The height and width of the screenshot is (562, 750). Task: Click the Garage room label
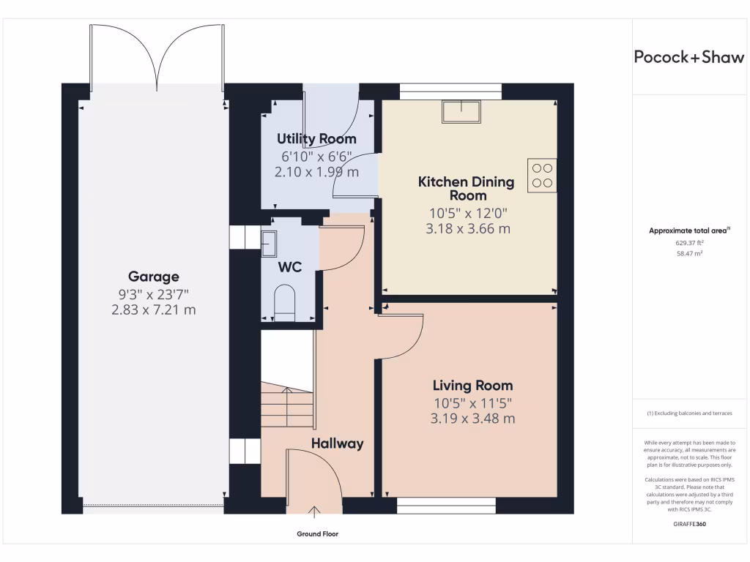(154, 277)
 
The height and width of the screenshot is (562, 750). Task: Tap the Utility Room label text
(316, 139)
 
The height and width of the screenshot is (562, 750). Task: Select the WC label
(290, 267)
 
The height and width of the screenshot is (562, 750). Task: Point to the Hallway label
(337, 444)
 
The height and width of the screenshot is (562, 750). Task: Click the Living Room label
(472, 386)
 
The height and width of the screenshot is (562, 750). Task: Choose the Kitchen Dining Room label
(467, 189)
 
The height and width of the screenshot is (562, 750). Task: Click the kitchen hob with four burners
(542, 176)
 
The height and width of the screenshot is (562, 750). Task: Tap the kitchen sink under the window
(461, 112)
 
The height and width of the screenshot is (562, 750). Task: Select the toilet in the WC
(284, 303)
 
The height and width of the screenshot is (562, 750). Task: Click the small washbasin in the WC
(268, 244)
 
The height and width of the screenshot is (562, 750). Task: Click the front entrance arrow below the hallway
(314, 512)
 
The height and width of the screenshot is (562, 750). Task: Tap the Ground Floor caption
(318, 534)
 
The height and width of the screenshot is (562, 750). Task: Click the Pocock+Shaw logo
(688, 57)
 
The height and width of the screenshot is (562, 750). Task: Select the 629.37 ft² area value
(689, 243)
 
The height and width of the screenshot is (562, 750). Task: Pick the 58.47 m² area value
(689, 254)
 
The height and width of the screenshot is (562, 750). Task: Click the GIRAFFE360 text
(689, 524)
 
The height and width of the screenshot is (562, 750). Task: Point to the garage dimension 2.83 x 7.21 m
(154, 310)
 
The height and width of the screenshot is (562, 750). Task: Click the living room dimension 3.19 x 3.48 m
(472, 419)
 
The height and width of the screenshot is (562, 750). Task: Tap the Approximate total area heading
(689, 231)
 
